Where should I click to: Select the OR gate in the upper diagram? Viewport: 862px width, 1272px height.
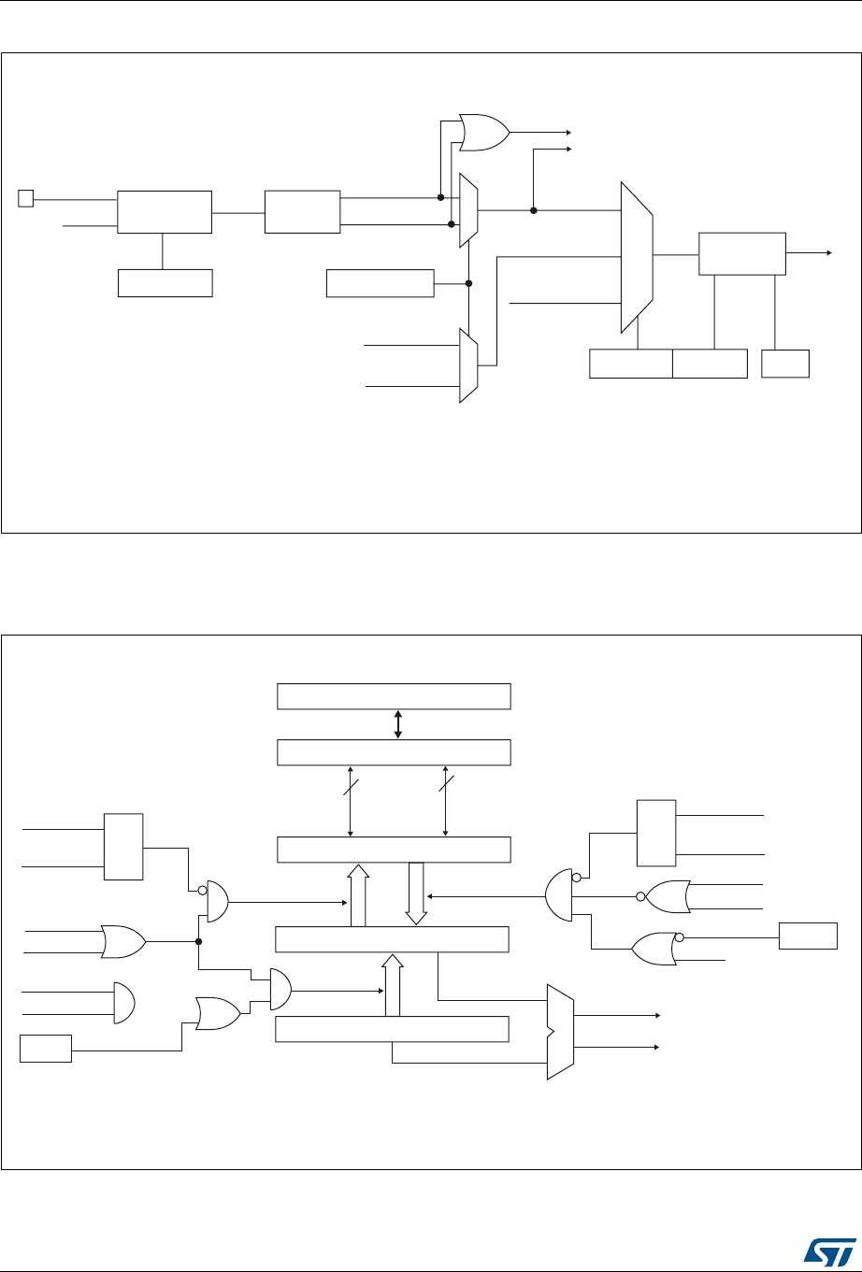(483, 133)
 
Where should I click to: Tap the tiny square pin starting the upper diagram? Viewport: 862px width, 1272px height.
(26, 198)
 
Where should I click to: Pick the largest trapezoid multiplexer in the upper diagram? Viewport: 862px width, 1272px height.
(637, 257)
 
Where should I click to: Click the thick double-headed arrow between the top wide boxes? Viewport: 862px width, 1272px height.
(398, 724)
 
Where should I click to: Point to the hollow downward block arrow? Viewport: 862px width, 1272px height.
(416, 892)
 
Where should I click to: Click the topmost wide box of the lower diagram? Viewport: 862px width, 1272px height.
(395, 696)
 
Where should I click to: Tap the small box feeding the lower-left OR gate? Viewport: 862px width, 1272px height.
(46, 1049)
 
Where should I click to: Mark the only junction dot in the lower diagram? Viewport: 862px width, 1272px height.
(198, 941)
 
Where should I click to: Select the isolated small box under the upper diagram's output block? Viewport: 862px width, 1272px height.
(785, 364)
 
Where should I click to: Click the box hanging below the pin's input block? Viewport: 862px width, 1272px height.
(165, 282)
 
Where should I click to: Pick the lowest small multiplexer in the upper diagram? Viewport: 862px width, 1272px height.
(468, 365)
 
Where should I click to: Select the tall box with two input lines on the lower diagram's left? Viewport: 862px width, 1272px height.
(123, 847)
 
